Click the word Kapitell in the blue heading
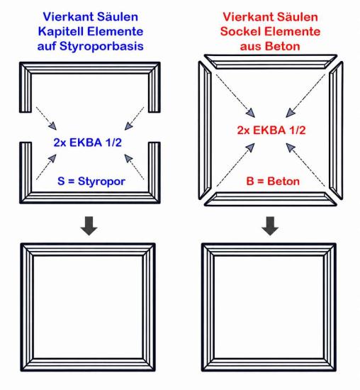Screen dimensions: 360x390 (61, 32)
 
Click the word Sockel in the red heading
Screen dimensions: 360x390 (240, 32)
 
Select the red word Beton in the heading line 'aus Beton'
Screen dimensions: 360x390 (283, 47)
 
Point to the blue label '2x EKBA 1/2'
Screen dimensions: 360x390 (87, 143)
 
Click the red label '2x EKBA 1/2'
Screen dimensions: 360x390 (271, 130)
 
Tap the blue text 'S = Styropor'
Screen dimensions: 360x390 (91, 182)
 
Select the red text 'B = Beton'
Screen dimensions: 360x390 (273, 182)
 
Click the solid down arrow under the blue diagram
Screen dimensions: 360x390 (89, 225)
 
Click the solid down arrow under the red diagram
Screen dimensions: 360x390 (270, 225)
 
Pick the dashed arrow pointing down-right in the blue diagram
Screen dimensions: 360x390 (47, 118)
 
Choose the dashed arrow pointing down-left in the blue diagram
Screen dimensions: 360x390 (134, 118)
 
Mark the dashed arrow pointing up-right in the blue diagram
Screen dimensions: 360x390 (47, 167)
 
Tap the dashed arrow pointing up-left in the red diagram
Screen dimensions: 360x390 (305, 165)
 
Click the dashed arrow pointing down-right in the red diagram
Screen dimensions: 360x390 (235, 96)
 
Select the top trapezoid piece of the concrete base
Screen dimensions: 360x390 (271, 62)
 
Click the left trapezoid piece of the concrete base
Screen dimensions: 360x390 (205, 130)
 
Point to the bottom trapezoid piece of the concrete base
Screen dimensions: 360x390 (271, 199)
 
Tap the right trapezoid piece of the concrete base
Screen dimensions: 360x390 (336, 130)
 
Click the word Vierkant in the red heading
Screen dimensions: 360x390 (247, 17)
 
